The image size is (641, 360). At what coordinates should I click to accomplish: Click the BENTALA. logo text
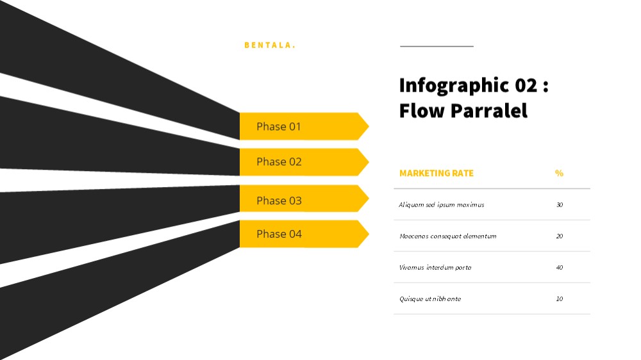270,45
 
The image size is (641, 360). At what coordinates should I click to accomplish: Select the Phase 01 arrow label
278,127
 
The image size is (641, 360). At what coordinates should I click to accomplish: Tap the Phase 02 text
279,162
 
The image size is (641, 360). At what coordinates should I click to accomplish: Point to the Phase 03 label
279,200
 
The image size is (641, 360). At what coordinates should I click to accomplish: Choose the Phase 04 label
279,234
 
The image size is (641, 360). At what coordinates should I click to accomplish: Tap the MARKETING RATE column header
436,173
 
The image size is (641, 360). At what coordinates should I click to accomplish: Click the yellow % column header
559,173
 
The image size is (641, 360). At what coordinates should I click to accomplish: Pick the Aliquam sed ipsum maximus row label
442,205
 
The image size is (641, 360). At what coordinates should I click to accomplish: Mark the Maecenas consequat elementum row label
447,236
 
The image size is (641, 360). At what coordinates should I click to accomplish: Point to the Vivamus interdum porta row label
435,268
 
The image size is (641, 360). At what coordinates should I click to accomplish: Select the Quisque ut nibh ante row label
429,299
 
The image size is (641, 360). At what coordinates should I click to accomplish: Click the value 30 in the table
560,205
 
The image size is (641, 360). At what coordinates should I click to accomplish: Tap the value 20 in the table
560,236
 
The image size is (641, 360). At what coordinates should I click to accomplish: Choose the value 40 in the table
560,268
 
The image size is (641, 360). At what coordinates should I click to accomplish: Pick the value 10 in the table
560,299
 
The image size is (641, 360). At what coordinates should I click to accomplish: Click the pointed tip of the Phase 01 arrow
369,126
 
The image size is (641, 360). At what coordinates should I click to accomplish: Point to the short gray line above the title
437,46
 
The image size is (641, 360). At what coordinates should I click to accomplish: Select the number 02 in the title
526,85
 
